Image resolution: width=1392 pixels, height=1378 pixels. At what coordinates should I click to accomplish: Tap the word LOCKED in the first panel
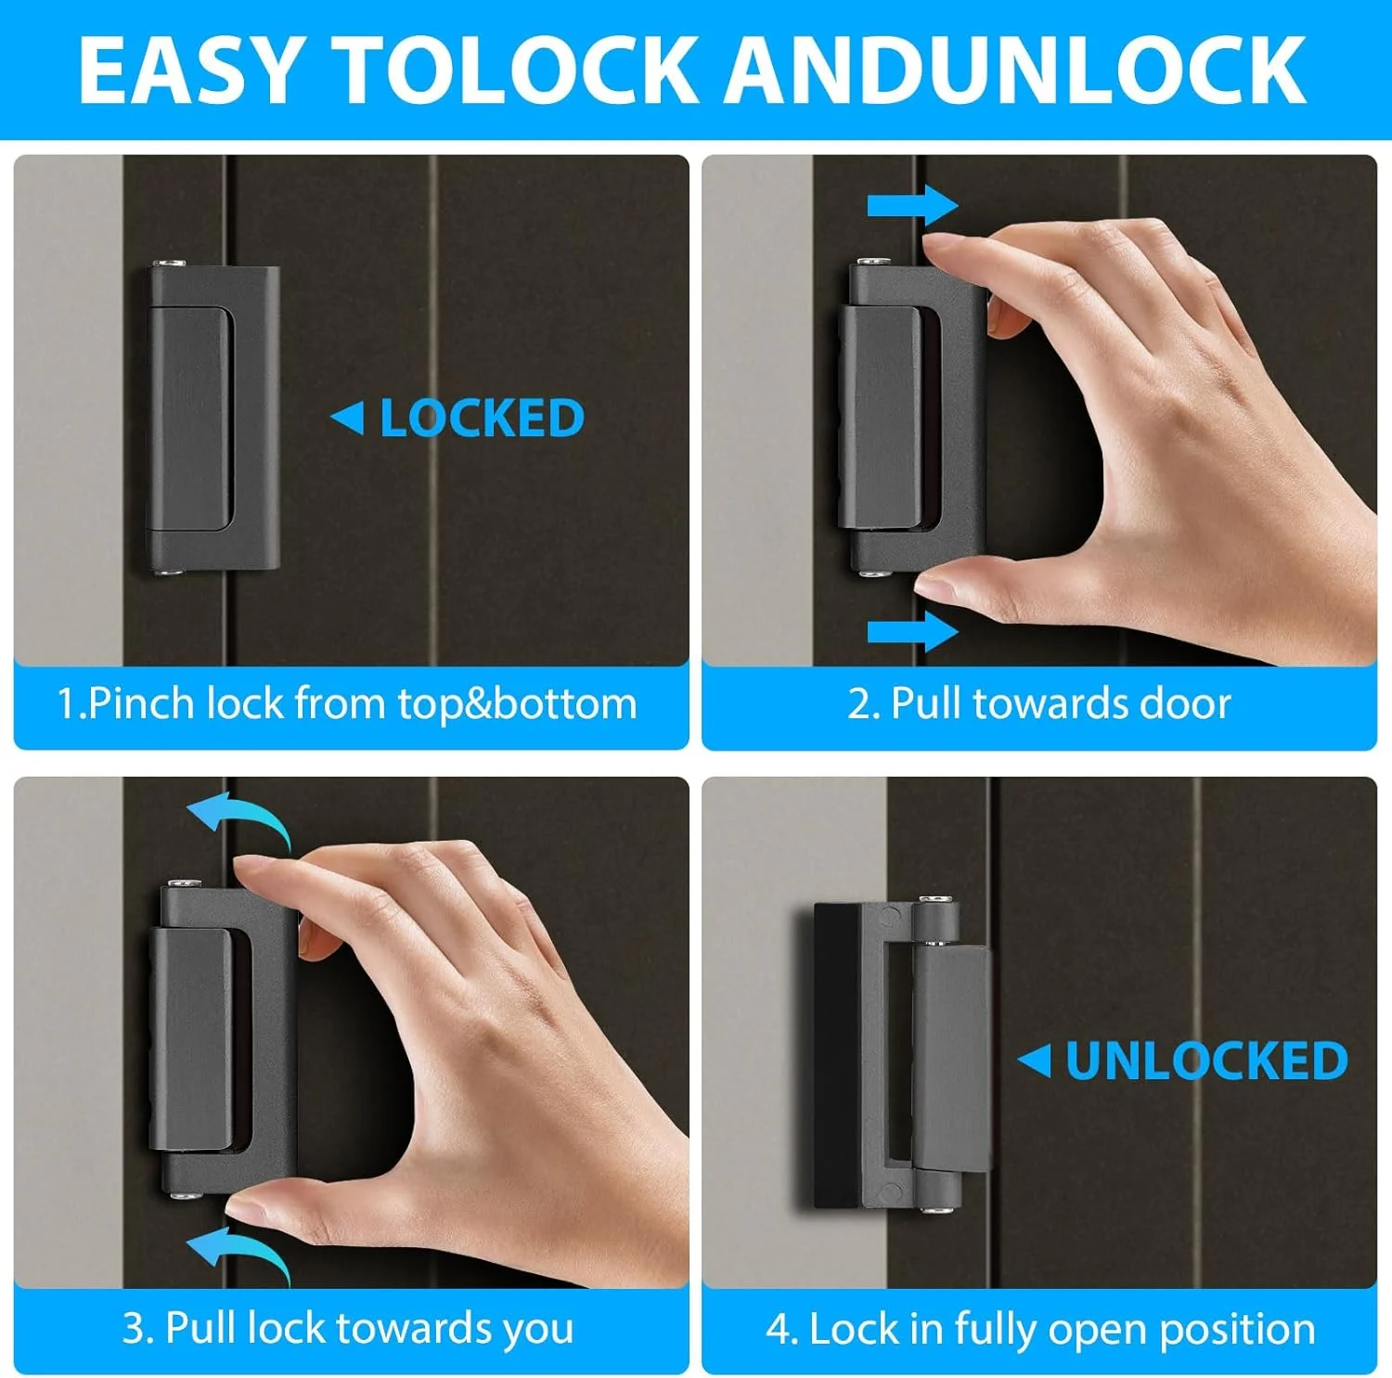(x=482, y=419)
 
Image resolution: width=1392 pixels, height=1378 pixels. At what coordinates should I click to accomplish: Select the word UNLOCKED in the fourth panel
(x=1206, y=1061)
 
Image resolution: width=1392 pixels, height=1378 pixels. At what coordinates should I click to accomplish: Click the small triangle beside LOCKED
(x=348, y=418)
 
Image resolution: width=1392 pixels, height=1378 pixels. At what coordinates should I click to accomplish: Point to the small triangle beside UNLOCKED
(x=1035, y=1061)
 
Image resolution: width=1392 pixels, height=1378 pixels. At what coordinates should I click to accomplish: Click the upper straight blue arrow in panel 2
(x=912, y=205)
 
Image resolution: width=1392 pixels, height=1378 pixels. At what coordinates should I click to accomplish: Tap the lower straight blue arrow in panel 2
(x=912, y=632)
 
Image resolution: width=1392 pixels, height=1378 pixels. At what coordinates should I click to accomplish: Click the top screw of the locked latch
(x=170, y=264)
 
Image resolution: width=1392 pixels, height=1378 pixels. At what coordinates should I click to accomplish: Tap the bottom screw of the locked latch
(x=170, y=573)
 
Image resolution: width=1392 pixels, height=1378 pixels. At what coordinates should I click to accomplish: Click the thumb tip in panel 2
(x=933, y=585)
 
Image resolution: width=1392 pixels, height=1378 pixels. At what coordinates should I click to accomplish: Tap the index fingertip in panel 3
(x=246, y=870)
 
